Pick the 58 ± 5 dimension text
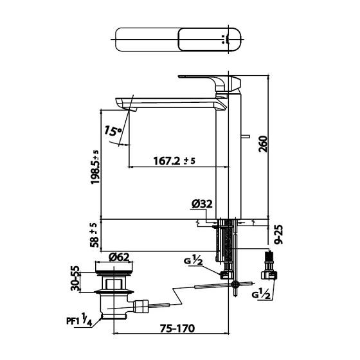95,234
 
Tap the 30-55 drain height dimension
75,277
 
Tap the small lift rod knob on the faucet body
246,137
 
